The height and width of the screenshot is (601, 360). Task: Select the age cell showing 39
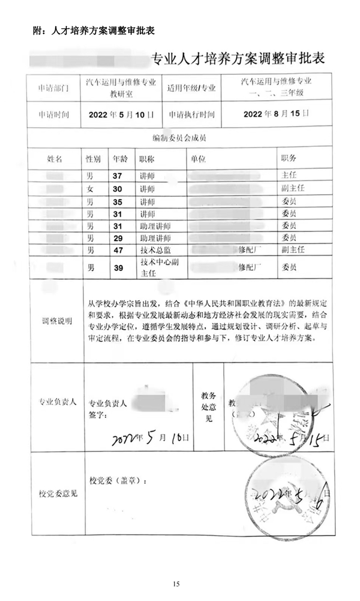[118, 268]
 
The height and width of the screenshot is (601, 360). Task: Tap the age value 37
[118, 176]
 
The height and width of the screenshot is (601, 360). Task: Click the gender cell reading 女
[90, 189]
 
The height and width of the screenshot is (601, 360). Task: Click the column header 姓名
[55, 159]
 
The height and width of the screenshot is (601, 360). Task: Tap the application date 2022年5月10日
[121, 114]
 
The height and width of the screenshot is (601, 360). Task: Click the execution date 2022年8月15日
[276, 114]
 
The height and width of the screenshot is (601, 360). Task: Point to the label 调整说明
[56, 322]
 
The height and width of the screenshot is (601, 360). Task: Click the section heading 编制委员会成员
[180, 137]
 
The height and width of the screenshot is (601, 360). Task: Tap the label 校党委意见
[58, 494]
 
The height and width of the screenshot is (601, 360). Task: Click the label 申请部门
[53, 88]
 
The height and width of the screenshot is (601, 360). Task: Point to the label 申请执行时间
[191, 114]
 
